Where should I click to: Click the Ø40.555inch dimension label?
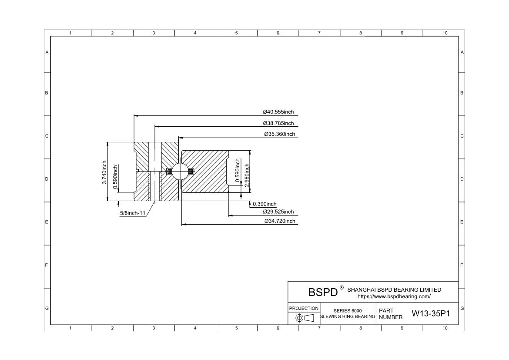pyautogui.click(x=278, y=112)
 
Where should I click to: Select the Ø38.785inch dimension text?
pyautogui.click(x=278, y=123)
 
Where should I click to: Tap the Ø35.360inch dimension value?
pyautogui.click(x=279, y=134)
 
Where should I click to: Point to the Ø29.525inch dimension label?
pyautogui.click(x=278, y=212)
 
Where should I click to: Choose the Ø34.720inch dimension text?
pyautogui.click(x=280, y=221)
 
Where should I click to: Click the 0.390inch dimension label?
pyautogui.click(x=265, y=204)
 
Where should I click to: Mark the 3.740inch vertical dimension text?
pyautogui.click(x=104, y=172)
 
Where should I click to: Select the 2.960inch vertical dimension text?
pyautogui.click(x=247, y=175)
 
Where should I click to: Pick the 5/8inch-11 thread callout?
pyautogui.click(x=133, y=213)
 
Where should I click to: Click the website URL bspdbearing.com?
pyautogui.click(x=394, y=296)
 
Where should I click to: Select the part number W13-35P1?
pyautogui.click(x=431, y=314)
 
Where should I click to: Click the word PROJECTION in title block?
pyautogui.click(x=304, y=308)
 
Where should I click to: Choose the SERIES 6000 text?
pyautogui.click(x=348, y=310)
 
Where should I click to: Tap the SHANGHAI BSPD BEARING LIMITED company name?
pyautogui.click(x=394, y=289)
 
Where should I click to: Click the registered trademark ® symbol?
pyautogui.click(x=342, y=288)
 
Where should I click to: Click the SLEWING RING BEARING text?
pyautogui.click(x=348, y=316)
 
